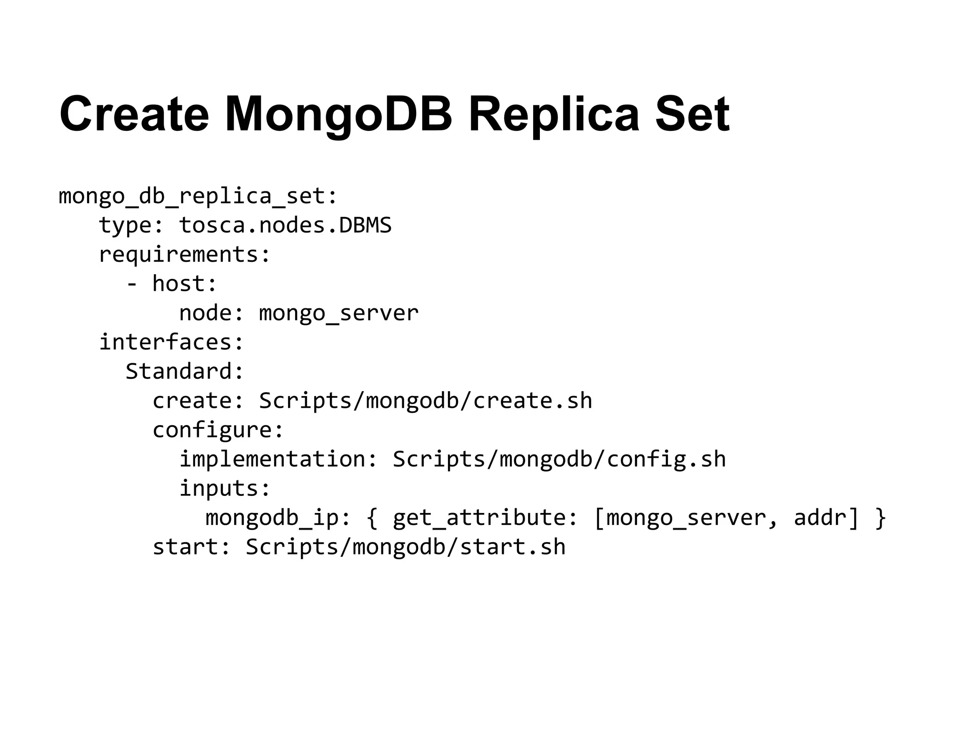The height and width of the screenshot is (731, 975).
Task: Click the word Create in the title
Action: [x=134, y=114]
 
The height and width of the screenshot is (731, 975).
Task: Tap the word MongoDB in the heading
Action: [x=338, y=114]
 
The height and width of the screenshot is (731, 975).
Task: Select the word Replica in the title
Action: [x=554, y=114]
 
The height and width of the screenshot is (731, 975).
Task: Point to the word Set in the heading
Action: [x=692, y=114]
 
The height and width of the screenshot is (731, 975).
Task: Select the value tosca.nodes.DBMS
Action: [x=285, y=225]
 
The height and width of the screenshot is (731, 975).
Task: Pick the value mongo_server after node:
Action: [x=338, y=313]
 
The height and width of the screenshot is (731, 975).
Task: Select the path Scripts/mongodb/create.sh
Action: [x=426, y=401]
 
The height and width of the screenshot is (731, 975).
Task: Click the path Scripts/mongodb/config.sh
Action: [x=559, y=459]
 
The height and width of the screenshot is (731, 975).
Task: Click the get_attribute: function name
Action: [x=486, y=518]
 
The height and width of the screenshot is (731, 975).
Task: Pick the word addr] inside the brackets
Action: [x=826, y=518]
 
